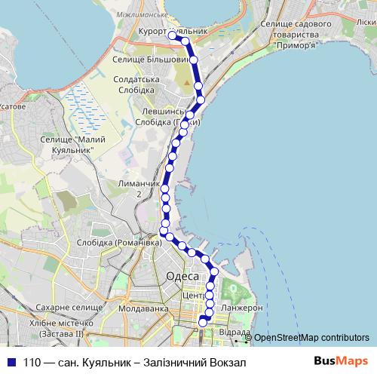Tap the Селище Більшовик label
coord(149,58)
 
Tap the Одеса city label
coord(181,277)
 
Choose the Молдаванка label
coord(148,308)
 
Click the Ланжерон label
coord(243,308)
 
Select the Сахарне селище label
coord(59,309)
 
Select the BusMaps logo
coord(341,362)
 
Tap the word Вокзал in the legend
coord(229,363)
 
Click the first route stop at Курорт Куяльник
coord(173,35)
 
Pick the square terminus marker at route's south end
coord(202,323)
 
